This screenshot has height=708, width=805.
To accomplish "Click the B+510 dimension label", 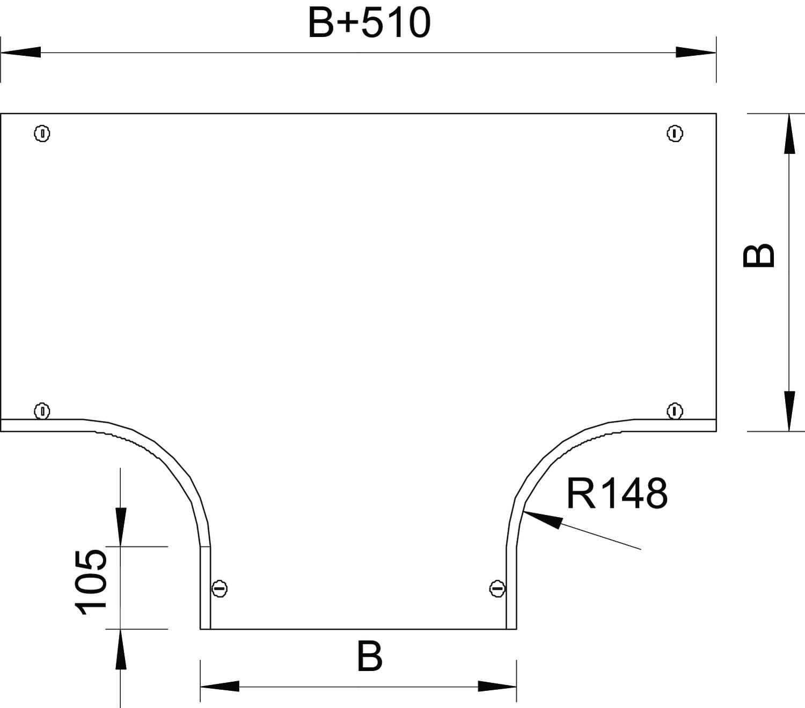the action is [x=369, y=24].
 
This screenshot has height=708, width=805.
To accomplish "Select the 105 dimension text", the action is [x=91, y=582].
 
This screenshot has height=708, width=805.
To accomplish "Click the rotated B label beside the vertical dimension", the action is [x=758, y=255].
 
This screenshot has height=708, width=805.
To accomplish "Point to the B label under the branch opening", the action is [x=370, y=657].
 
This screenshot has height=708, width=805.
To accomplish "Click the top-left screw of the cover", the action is [x=42, y=134].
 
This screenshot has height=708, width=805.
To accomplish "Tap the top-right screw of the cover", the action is [x=675, y=134].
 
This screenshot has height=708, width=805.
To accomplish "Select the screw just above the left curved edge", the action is [x=42, y=411].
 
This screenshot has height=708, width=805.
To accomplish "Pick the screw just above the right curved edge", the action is [x=675, y=411].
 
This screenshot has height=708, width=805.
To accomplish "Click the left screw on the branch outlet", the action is [x=219, y=588].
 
